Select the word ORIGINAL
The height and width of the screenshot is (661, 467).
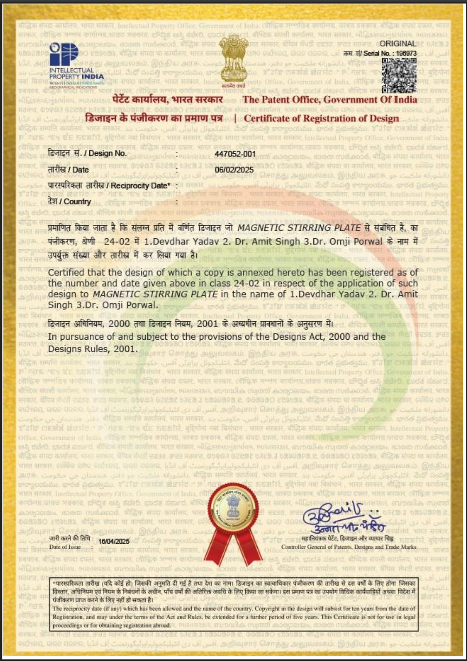click(398, 44)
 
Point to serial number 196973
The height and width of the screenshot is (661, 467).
click(407, 53)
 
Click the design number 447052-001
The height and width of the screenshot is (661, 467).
click(235, 154)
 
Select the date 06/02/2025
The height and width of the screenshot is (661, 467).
click(234, 170)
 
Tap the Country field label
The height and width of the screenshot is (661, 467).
click(69, 202)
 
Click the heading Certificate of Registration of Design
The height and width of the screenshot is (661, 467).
click(322, 119)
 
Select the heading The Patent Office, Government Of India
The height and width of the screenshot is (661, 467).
click(330, 99)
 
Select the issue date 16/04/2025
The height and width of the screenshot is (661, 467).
click(114, 541)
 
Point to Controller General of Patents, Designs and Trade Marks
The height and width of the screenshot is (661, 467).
click(348, 547)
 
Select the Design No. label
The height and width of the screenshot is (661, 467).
click(87, 153)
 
